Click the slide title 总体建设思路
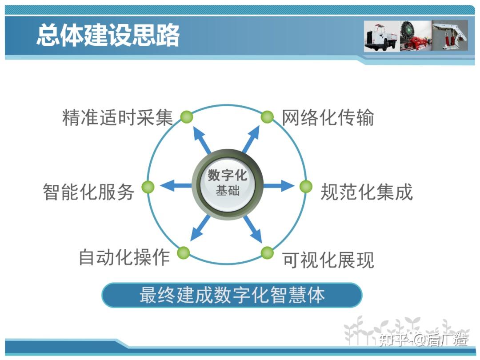pos(108,35)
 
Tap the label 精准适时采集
pos(117,117)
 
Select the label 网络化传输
pos(328,117)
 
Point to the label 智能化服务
pos(88,192)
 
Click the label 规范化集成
pos(367,192)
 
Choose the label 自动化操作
pos(124,257)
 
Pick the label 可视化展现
pos(328,260)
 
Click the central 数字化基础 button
pos(228,184)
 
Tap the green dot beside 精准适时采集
pos(186,117)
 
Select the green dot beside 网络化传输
pos(267,117)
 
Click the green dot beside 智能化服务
pos(148,187)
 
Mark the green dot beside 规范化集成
pos(306,186)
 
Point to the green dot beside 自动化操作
pos(184,253)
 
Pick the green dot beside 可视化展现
pos(267,253)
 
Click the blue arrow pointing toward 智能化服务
pos(176,185)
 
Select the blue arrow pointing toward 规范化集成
pos(279,186)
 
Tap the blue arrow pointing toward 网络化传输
pos(251,140)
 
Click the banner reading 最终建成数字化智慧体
pos(232,295)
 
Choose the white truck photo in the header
pos(382,36)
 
